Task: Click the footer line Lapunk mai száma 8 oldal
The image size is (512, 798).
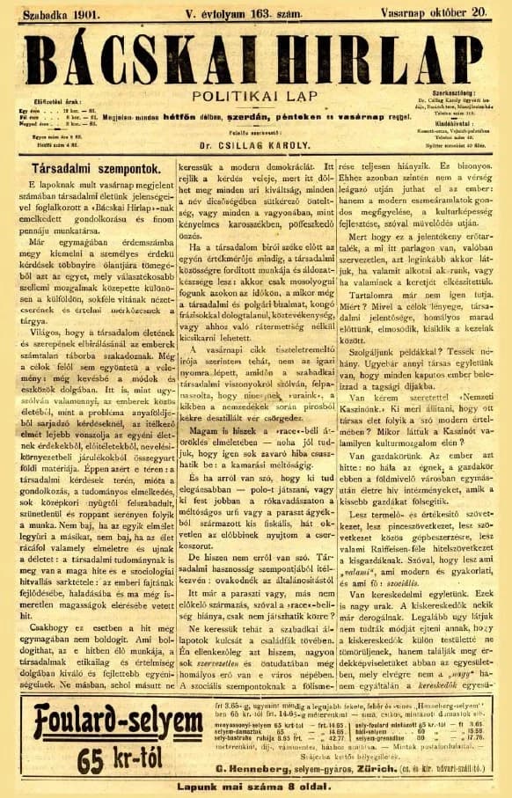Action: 256,787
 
